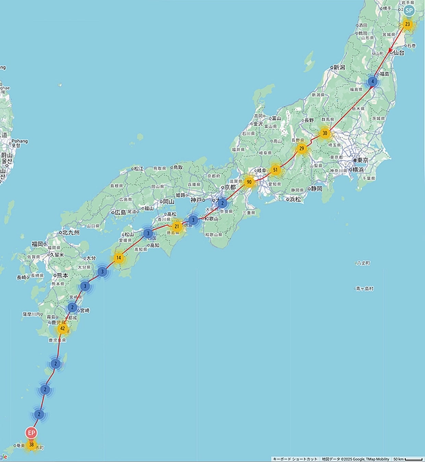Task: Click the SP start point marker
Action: pos(409,10)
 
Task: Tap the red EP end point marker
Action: pos(31,433)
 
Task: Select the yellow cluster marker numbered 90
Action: pos(248,181)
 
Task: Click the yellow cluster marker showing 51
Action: pos(275,169)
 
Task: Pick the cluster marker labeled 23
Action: pos(407,25)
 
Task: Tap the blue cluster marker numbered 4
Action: pos(372,81)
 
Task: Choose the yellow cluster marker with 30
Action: pos(324,133)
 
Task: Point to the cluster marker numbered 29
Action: pos(301,148)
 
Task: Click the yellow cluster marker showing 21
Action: pos(177,226)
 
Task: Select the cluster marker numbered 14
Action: pos(119,258)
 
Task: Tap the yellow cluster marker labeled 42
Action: pos(62,329)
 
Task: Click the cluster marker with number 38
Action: pos(32,445)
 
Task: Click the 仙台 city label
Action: pos(399,53)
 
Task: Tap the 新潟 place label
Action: pos(341,67)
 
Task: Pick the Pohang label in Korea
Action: pos(19,142)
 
